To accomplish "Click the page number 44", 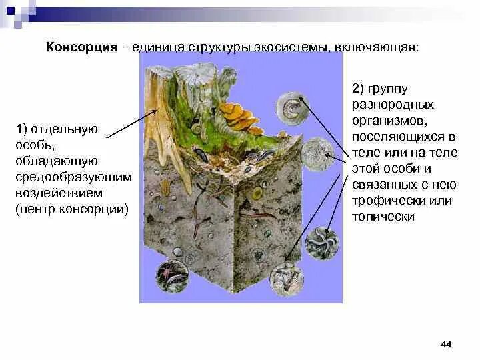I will coord(446,344).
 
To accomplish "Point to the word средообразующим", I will coord(73,177).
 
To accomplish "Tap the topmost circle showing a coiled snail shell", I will coord(293,108).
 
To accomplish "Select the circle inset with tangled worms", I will coord(322,242).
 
